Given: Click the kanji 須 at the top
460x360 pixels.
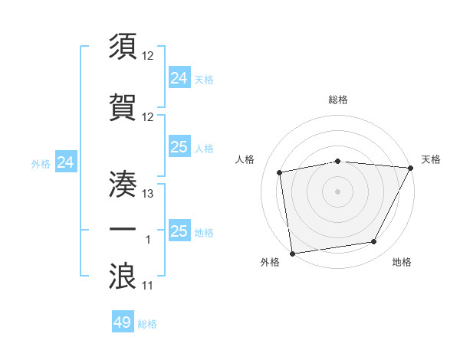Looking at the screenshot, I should tap(123, 47).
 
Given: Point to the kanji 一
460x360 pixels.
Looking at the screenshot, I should tap(123, 229).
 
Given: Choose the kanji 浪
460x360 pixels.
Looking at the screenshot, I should tap(123, 275).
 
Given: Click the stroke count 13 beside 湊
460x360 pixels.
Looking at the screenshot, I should tap(149, 194).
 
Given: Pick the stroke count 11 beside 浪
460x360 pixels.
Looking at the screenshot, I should tap(149, 286).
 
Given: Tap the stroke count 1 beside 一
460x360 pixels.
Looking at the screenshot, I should tap(149, 241).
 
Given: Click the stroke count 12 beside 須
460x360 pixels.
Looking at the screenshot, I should tap(149, 57).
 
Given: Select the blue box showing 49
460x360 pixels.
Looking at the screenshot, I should tap(123, 322).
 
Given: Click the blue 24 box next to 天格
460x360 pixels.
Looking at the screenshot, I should tap(179, 77).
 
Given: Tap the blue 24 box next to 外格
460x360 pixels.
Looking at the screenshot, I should tap(66, 162).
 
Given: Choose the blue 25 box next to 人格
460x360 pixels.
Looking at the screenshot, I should tap(179, 147).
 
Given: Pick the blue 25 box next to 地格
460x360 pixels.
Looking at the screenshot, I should tap(179, 231).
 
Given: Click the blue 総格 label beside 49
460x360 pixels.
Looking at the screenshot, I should tap(148, 324).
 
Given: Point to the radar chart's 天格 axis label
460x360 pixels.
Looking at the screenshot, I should tap(431, 159).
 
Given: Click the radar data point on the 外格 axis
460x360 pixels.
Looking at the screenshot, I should tap(292, 253).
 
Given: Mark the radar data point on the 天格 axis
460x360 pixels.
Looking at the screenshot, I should tap(410, 168).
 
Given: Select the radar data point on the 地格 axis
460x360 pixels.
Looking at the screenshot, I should tap(374, 242).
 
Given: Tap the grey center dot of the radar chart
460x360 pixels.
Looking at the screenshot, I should tap(337, 191).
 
